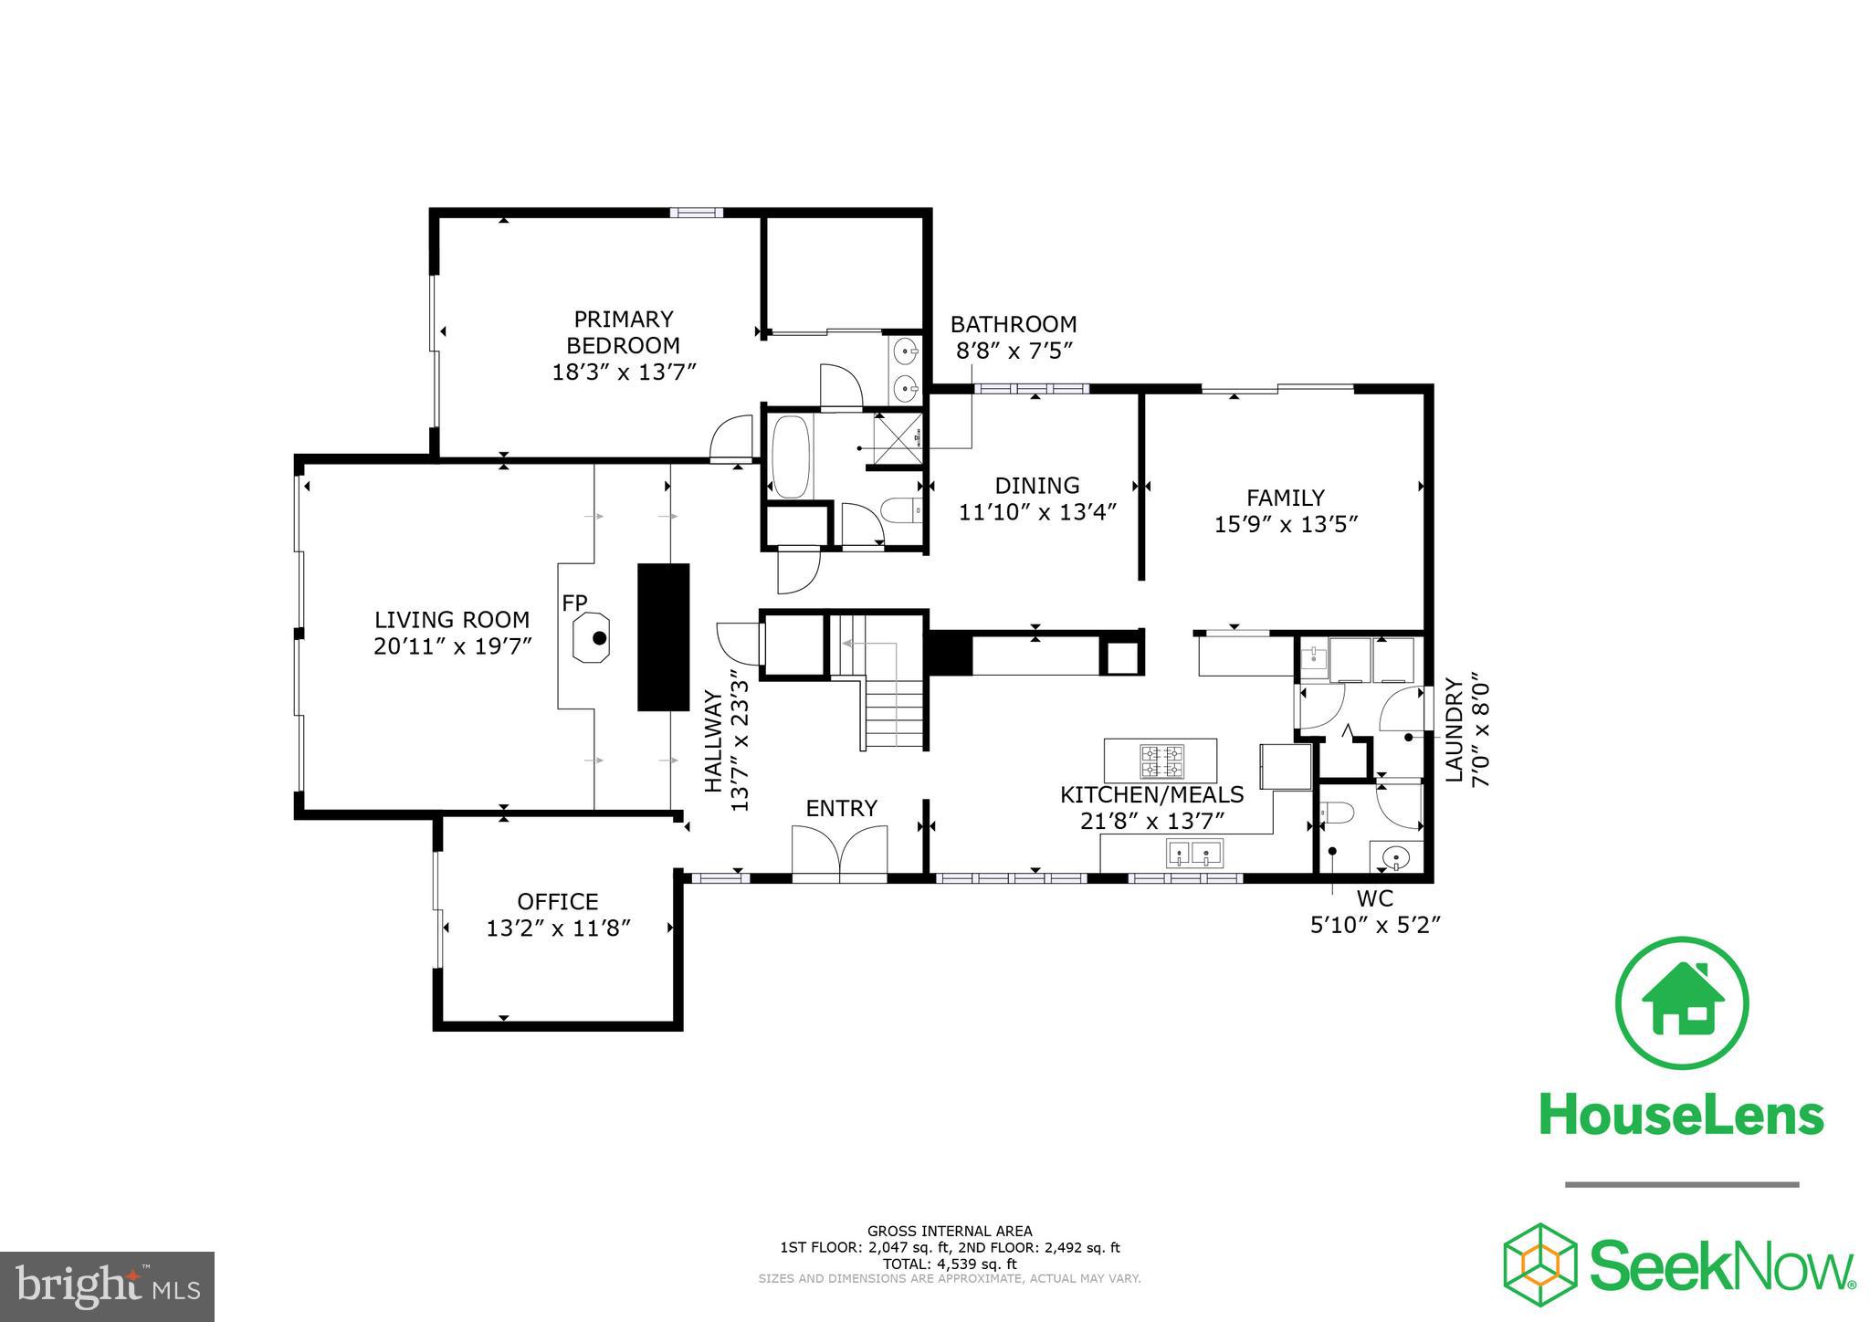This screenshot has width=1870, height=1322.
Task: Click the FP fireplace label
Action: (x=574, y=603)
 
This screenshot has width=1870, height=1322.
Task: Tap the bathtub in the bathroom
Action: (x=792, y=457)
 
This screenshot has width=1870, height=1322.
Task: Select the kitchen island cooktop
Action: (x=1161, y=760)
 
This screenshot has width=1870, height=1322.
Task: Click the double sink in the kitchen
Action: (x=1194, y=855)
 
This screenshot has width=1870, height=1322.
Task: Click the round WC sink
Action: (x=1395, y=858)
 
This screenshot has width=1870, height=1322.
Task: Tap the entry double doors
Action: (x=840, y=851)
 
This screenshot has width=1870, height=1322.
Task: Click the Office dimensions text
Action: (x=559, y=929)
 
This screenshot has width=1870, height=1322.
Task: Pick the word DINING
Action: (x=1037, y=486)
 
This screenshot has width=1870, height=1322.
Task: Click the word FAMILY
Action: (x=1286, y=498)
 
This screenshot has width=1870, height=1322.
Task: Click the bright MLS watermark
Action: (x=108, y=1285)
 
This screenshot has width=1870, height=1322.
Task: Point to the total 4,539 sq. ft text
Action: (x=950, y=1264)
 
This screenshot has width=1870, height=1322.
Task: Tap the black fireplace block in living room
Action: (x=663, y=637)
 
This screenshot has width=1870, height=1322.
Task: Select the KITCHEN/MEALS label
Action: (x=1152, y=794)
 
